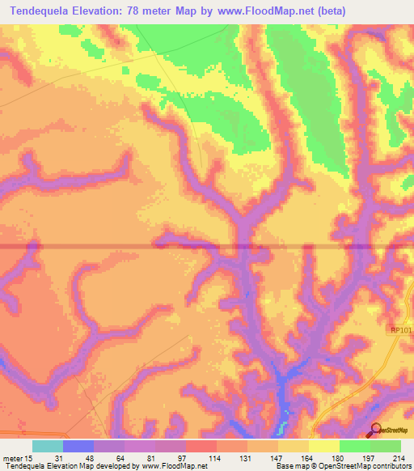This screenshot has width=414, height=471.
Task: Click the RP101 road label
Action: tap(400, 329)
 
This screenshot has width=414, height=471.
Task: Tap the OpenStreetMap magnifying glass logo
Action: tap(376, 430)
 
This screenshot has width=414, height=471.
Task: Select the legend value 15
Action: tap(28, 458)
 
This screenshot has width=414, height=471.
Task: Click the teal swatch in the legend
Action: tap(47, 447)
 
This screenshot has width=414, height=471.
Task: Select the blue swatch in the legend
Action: tap(78, 447)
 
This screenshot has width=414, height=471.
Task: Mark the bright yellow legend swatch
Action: tap(323, 447)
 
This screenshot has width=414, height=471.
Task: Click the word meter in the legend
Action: tap(11, 458)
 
